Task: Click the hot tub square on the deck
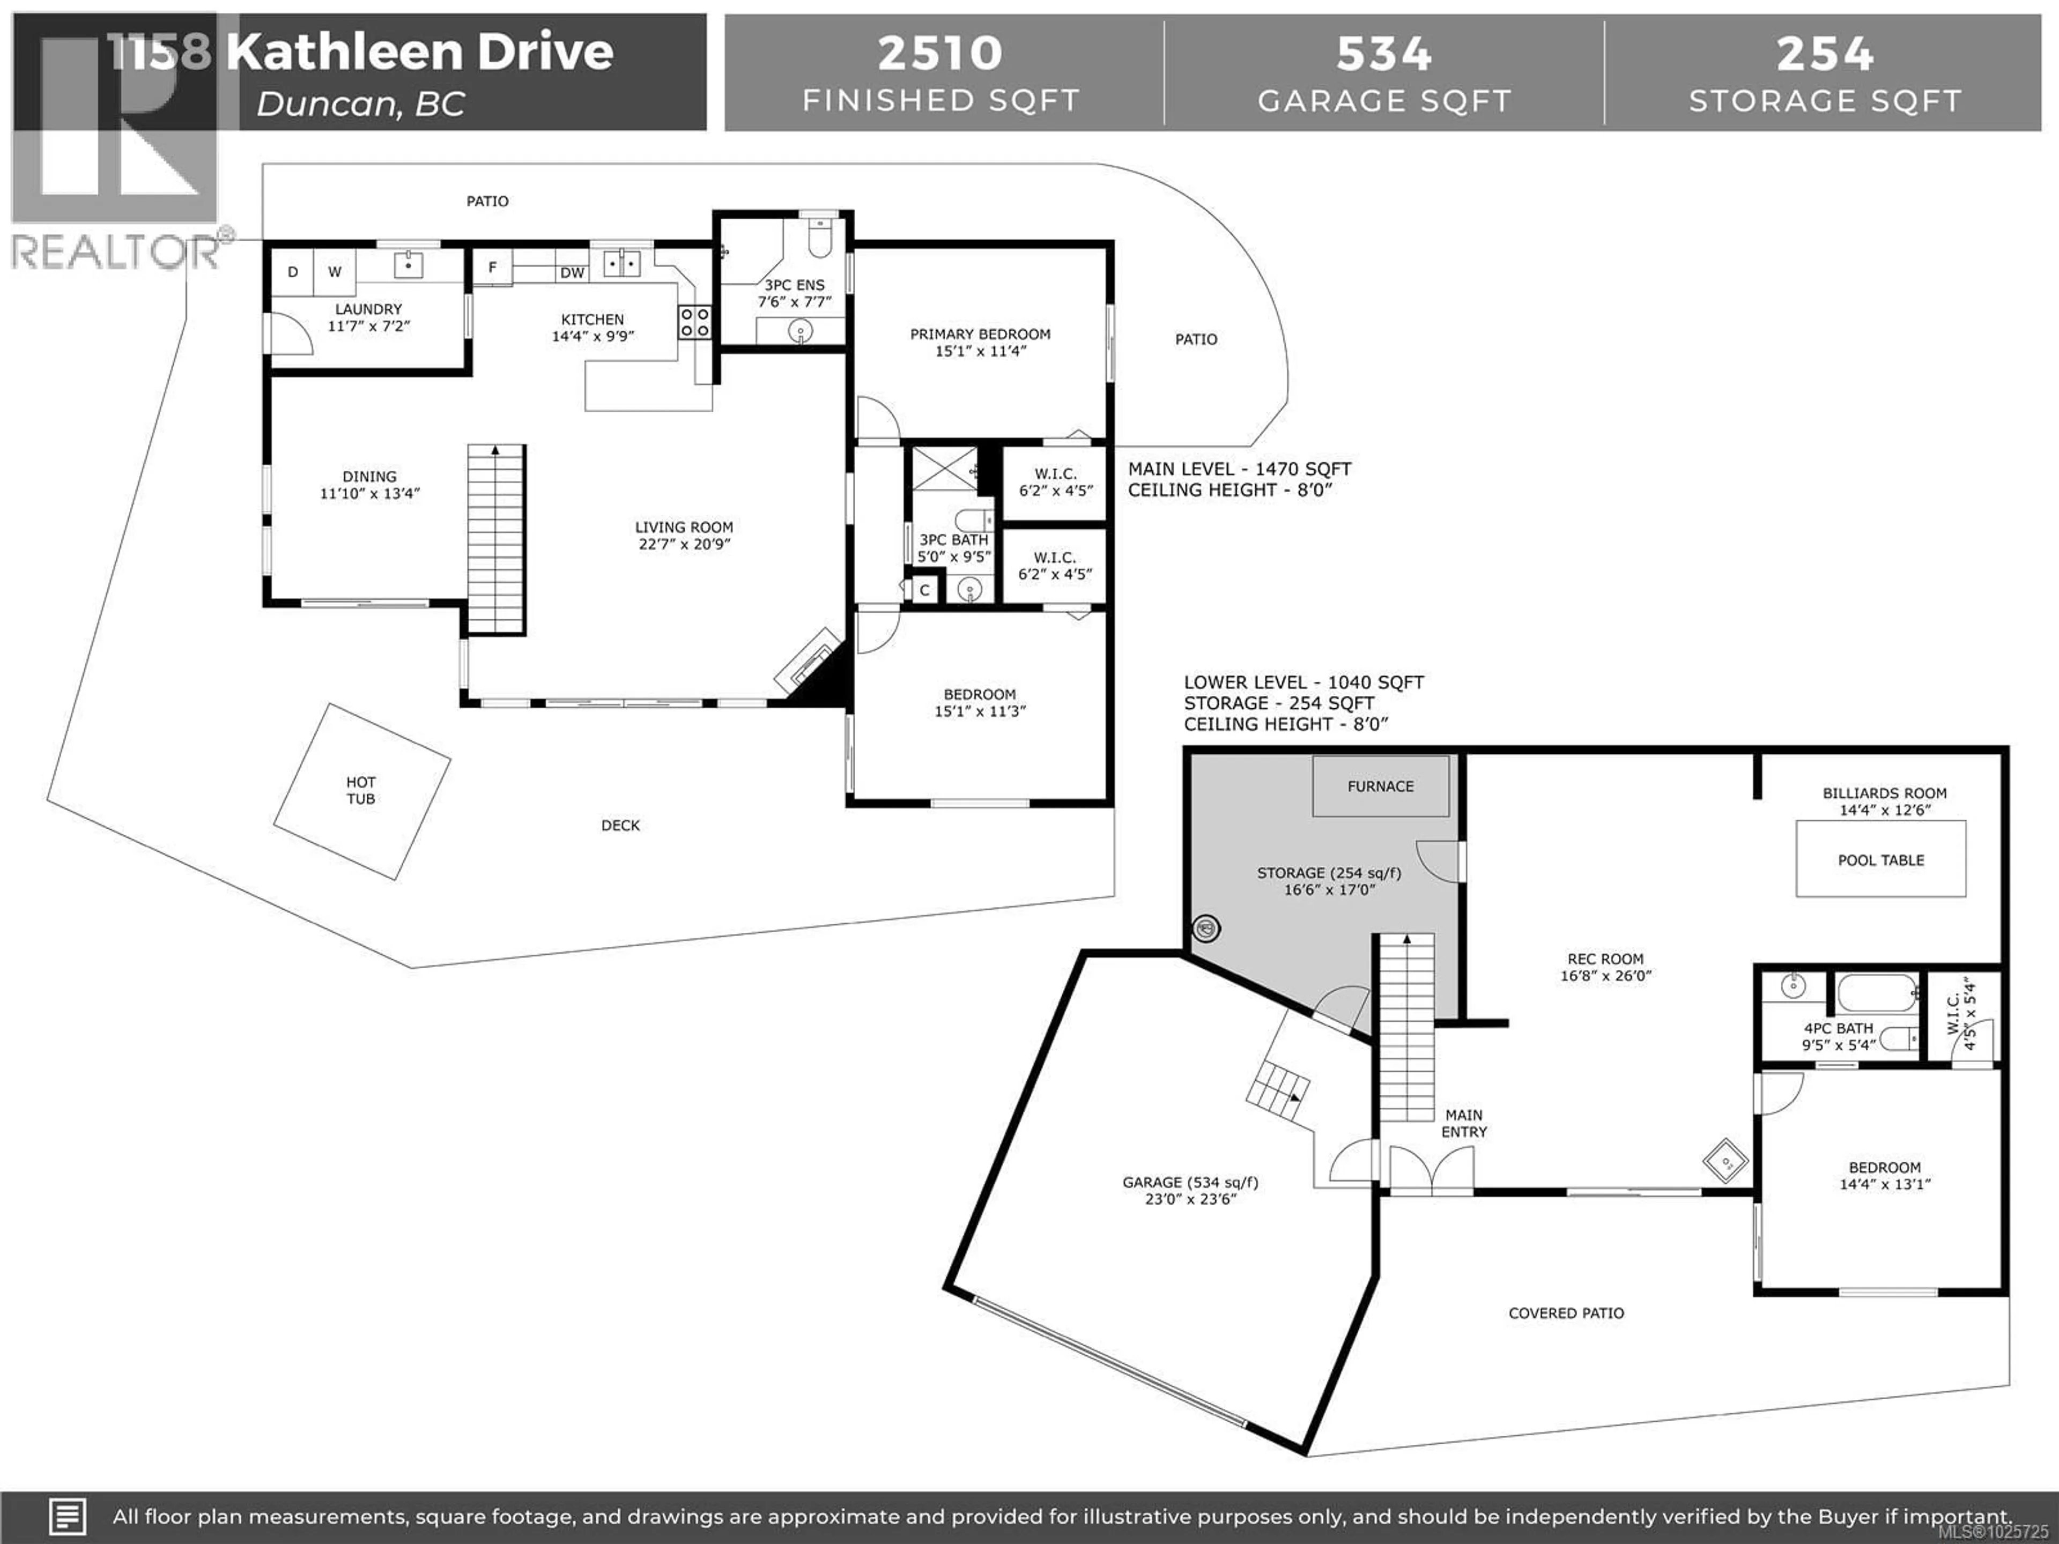coord(361,791)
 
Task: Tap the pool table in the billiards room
coord(1880,859)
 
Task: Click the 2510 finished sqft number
coord(940,53)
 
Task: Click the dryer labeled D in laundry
coord(292,272)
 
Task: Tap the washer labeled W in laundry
coord(334,272)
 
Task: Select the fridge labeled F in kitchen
coord(492,267)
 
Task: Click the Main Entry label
coord(1464,1123)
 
